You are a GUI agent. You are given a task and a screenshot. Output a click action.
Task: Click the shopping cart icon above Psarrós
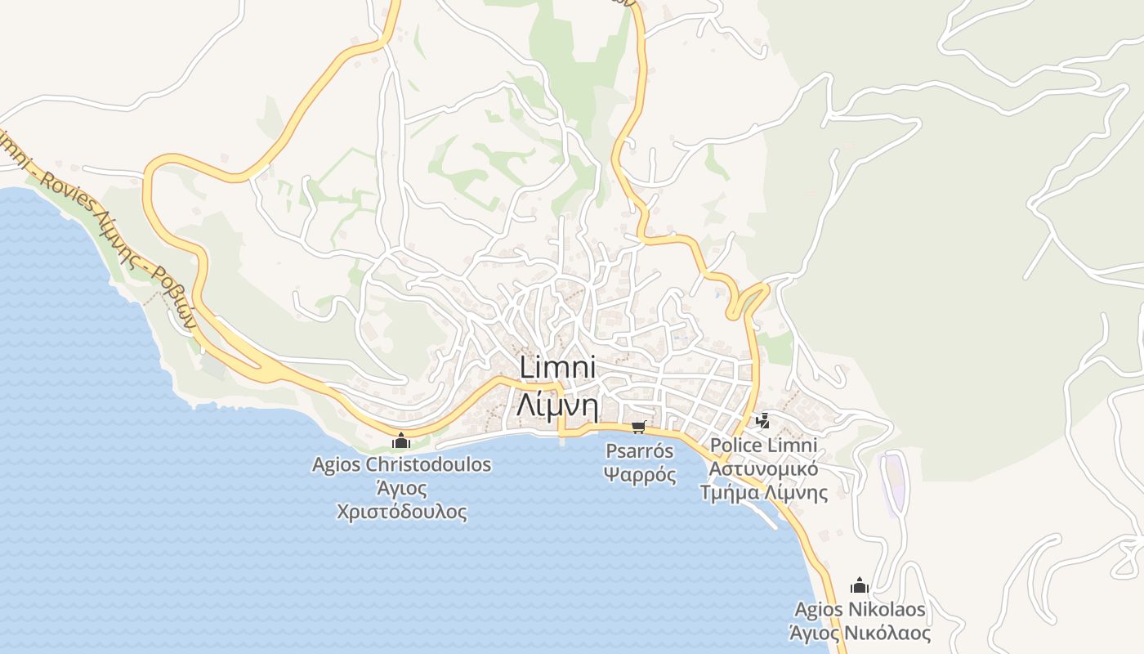(639, 427)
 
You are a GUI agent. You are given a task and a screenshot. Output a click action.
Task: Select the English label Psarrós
(640, 450)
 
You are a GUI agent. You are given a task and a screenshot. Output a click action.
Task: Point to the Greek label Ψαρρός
(640, 474)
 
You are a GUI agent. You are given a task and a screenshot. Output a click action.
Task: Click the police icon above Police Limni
(763, 422)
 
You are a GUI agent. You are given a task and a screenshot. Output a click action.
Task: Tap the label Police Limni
(763, 446)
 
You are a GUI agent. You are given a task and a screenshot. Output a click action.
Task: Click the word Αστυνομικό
(763, 469)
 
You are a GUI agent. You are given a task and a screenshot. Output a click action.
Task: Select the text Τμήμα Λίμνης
(763, 493)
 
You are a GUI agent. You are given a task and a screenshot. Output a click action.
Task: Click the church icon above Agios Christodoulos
(400, 441)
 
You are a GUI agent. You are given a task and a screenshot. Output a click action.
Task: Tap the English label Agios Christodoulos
(401, 465)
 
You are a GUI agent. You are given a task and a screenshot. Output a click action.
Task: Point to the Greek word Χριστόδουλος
(401, 513)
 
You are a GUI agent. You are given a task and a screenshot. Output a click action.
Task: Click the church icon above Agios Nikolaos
(859, 585)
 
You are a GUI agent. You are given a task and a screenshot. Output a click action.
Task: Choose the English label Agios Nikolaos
(860, 609)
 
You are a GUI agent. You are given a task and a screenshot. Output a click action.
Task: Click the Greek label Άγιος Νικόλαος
(860, 633)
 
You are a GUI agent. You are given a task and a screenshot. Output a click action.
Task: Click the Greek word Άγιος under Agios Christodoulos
(401, 489)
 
